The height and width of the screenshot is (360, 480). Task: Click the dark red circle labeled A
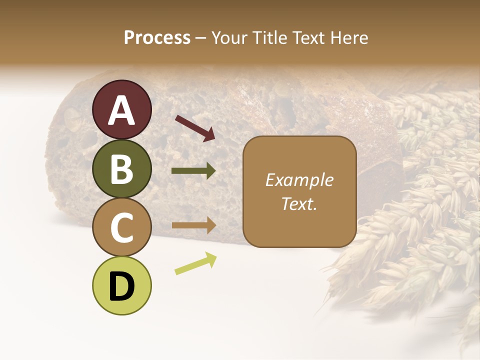(122, 109)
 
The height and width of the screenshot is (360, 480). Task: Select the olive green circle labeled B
(122, 168)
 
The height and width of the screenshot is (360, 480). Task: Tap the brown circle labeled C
(122, 227)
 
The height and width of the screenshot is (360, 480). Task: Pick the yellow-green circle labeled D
(122, 286)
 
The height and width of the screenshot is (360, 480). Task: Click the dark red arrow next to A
(195, 127)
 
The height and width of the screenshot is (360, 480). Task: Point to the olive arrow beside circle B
(193, 171)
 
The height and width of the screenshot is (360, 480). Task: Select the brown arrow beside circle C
(193, 225)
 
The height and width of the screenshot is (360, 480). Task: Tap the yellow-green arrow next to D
(195, 264)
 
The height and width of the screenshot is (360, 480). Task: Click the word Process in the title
(157, 37)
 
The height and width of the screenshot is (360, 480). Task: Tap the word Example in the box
(299, 180)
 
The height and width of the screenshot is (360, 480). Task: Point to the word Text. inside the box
(299, 203)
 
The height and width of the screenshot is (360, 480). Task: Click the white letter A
(122, 110)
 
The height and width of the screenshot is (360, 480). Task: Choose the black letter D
(122, 287)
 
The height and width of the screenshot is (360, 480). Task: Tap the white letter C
(122, 228)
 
